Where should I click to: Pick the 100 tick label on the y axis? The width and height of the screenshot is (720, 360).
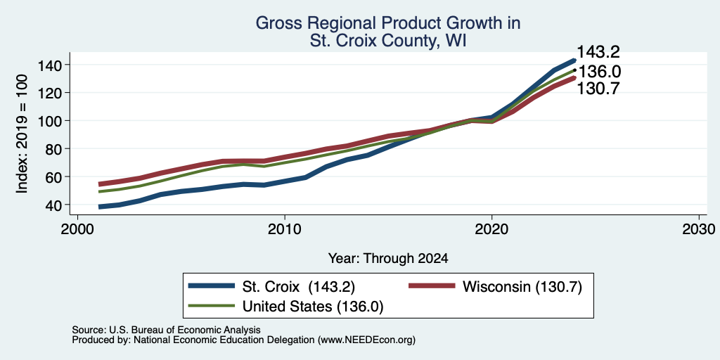pos(49,121)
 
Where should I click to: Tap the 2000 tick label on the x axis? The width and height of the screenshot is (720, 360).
pos(77,229)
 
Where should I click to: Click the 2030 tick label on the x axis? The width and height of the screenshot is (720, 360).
pos(699,229)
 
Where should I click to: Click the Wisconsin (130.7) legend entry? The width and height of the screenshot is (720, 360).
pos(522,287)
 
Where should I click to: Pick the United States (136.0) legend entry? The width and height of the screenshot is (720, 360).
pos(313,307)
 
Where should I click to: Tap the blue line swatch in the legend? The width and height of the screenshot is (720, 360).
pos(212,287)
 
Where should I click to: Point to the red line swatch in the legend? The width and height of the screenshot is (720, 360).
pos(432,287)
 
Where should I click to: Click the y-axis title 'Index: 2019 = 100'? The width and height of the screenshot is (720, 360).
pos(22,134)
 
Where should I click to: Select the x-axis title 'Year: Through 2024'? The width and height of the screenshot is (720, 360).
pos(388,259)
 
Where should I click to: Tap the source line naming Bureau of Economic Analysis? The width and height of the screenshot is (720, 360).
pos(166,330)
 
